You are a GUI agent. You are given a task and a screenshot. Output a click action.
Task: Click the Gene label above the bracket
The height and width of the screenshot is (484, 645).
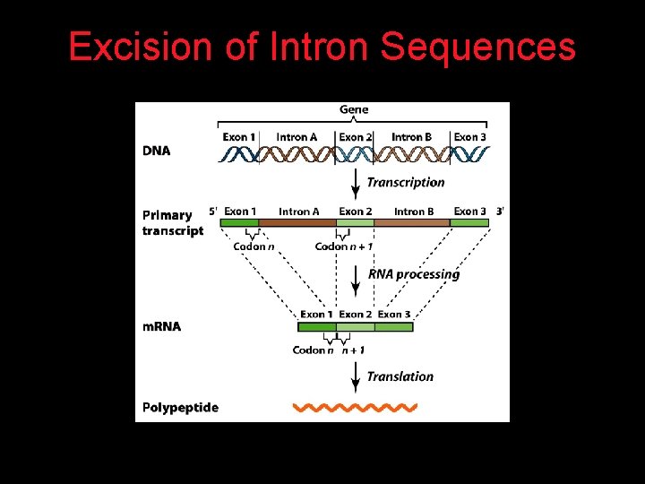coord(353,109)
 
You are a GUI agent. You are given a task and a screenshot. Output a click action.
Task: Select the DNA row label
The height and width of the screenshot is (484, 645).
coord(156,151)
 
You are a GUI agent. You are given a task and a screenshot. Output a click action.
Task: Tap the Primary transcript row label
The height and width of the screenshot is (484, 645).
coord(172,222)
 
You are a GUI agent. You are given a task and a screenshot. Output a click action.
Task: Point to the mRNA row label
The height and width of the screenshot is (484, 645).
coord(161,326)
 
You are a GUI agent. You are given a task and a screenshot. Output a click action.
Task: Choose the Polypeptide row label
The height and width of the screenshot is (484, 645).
coord(180,407)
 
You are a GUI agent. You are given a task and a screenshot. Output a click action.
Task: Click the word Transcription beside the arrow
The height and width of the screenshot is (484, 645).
coord(405,182)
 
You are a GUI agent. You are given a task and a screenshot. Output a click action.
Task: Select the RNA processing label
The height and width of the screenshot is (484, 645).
coord(413,274)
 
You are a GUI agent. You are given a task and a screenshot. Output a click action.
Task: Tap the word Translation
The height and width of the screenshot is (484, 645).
coord(400,376)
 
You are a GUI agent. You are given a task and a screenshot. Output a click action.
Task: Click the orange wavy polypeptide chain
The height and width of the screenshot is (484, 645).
coord(356,408)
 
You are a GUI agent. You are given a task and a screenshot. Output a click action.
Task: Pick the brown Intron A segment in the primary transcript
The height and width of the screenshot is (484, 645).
coord(297,222)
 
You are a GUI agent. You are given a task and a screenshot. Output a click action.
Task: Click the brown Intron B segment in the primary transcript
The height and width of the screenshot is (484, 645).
coord(412,222)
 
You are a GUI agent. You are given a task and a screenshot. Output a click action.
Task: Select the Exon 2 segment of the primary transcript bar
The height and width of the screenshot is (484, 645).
coord(356,222)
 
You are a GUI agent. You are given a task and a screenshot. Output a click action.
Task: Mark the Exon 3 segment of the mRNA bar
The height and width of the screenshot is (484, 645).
coord(394,327)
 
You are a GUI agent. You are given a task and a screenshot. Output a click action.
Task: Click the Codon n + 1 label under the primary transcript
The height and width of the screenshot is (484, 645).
coord(344,246)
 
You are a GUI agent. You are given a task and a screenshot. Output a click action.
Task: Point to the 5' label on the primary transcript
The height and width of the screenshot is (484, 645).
coord(213,212)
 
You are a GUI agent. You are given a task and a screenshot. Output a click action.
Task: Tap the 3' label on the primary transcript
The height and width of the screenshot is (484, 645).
coord(500,212)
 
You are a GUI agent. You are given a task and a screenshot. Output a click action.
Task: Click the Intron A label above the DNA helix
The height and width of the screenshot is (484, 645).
coord(297,137)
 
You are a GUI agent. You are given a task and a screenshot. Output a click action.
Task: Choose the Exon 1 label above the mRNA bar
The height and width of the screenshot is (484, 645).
coord(315,315)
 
